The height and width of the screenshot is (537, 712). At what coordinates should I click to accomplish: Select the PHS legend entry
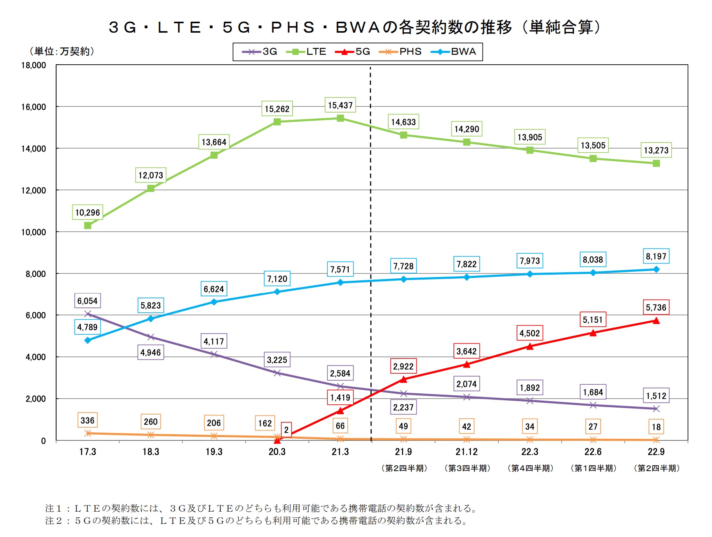tap(400, 52)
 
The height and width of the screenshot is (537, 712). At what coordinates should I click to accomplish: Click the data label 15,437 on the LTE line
tap(340, 105)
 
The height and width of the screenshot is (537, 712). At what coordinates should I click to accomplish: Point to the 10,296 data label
tap(87, 212)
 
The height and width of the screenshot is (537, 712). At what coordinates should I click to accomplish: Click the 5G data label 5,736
tap(656, 307)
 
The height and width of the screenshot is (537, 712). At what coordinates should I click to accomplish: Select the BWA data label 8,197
tap(656, 256)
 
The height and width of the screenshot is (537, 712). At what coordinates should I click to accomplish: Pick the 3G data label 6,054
tap(87, 301)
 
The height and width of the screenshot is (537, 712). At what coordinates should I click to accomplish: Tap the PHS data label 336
tap(87, 420)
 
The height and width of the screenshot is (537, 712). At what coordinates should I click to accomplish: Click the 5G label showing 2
tap(286, 430)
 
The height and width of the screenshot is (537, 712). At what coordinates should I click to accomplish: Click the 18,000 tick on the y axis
tap(34, 65)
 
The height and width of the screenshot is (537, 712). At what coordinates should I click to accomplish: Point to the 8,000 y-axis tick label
tap(36, 274)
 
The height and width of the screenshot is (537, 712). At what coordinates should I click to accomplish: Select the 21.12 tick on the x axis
tap(467, 452)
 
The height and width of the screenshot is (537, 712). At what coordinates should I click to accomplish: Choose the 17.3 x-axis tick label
tap(87, 452)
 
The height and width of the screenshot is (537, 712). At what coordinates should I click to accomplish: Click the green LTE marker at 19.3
tap(214, 155)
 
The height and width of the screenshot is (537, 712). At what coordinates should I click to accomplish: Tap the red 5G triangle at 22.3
tap(530, 346)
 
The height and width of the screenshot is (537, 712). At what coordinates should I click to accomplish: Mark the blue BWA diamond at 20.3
tap(277, 292)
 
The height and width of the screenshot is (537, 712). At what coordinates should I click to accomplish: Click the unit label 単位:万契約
tap(62, 51)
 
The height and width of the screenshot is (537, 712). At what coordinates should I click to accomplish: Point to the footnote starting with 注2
tap(256, 521)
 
